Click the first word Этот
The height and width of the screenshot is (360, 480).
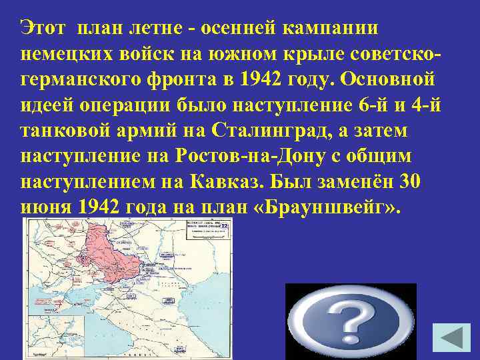(43, 28)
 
